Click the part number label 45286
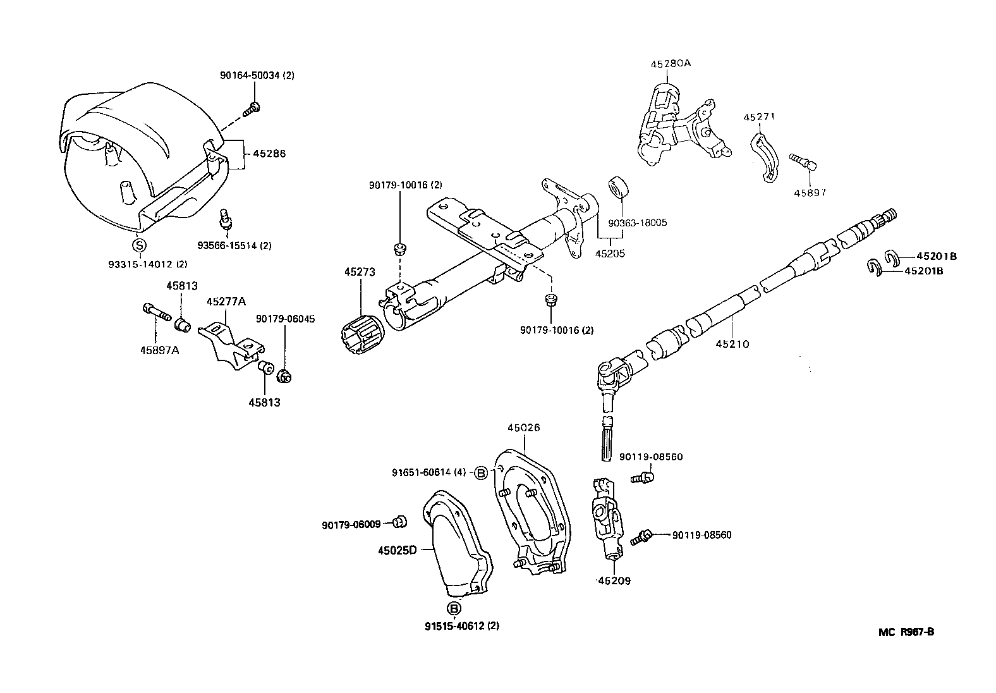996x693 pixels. click(269, 154)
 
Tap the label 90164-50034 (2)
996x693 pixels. click(257, 75)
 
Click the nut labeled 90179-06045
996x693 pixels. click(284, 377)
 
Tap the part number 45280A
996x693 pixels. click(671, 63)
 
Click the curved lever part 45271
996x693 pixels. click(765, 159)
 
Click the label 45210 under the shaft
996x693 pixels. click(732, 345)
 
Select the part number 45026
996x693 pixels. click(523, 428)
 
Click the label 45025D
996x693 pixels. click(398, 550)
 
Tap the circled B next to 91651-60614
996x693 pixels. click(481, 472)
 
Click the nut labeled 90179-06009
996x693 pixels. click(399, 522)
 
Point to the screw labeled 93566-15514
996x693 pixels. click(224, 218)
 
